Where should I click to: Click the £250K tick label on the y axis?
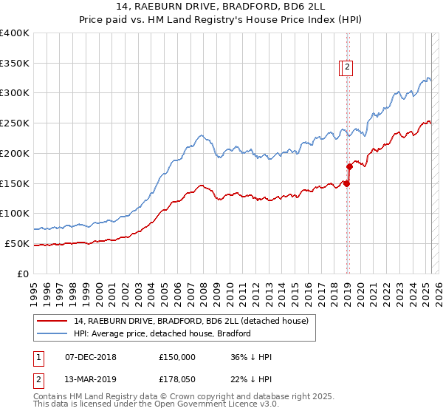pyautogui.click(x=15, y=123)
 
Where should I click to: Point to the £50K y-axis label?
pyautogui.click(x=17, y=243)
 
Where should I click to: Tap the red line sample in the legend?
pyautogui.click(x=52, y=321)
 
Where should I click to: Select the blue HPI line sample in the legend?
pyautogui.click(x=52, y=333)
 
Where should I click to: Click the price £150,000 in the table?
pyautogui.click(x=177, y=357)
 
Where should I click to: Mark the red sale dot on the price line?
pyautogui.click(x=346, y=183)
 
